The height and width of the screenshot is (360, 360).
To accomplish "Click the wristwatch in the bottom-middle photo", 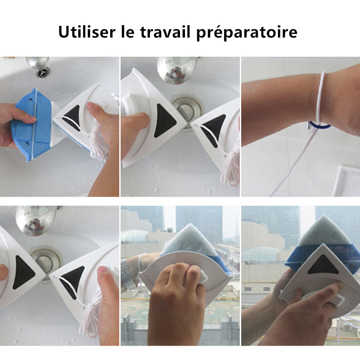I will (129, 279).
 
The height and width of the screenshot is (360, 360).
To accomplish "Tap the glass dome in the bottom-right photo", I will (256, 254).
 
